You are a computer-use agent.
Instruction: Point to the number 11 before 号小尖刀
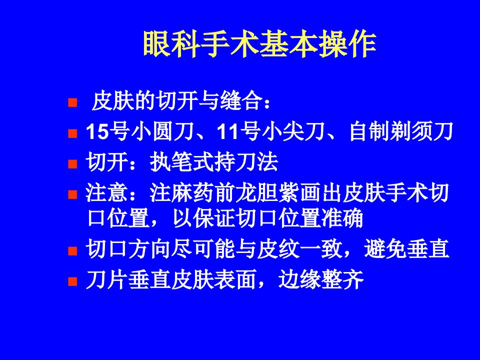click(228, 132)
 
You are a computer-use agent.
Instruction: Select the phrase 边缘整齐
click(321, 279)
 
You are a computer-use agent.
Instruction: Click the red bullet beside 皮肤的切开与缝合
click(72, 102)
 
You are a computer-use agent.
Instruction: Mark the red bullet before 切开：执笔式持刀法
click(72, 164)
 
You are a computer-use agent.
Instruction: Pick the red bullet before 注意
click(72, 194)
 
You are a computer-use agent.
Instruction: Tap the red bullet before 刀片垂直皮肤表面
click(72, 281)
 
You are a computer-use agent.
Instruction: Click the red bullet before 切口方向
click(72, 251)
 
